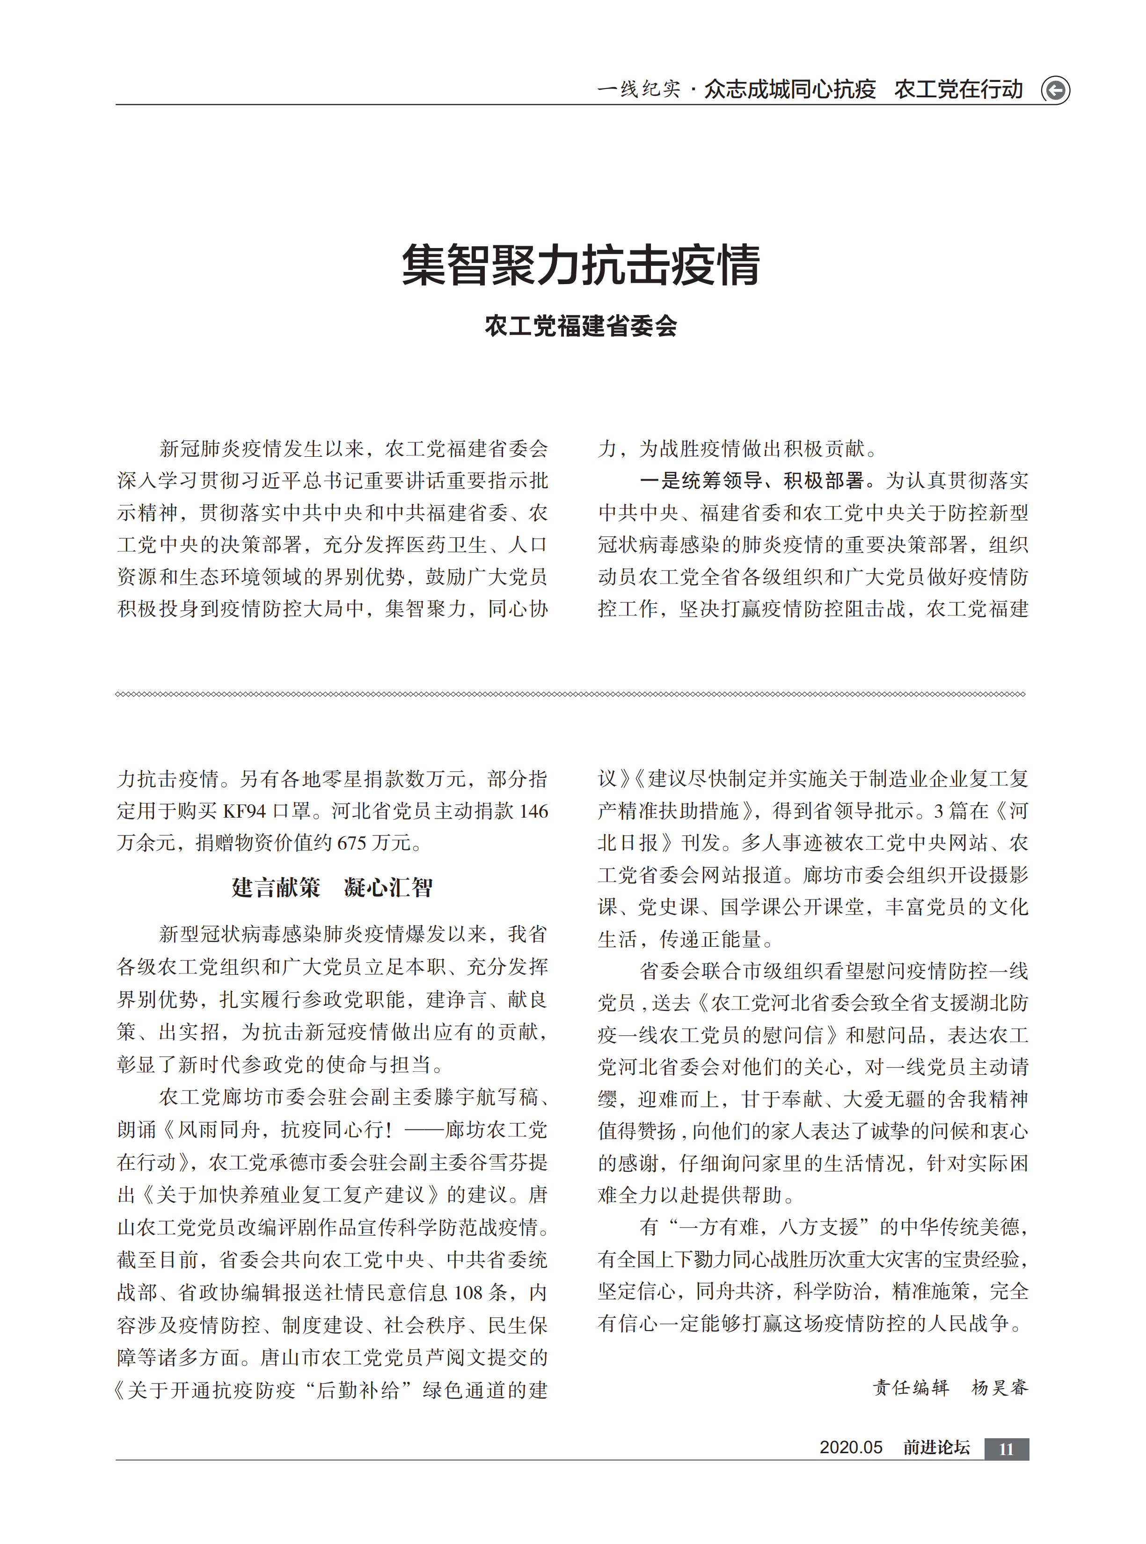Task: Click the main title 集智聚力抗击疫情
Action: [x=581, y=265]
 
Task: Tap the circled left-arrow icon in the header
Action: [x=1055, y=90]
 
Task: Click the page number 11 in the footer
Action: [x=1006, y=1448]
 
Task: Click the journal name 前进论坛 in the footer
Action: [x=936, y=1448]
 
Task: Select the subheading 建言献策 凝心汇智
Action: [x=332, y=887]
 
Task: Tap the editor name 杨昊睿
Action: [x=1000, y=1387]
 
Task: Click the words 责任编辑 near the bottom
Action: [x=911, y=1387]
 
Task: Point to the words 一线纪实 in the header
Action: [x=638, y=89]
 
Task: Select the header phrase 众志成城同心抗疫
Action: [x=790, y=89]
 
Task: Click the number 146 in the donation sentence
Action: [x=533, y=811]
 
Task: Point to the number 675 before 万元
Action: [x=352, y=843]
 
